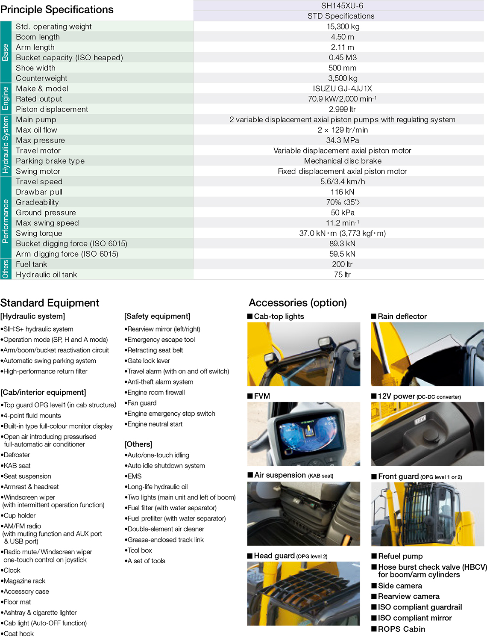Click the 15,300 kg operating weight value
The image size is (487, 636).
[343, 27]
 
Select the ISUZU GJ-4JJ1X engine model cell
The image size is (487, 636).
[342, 89]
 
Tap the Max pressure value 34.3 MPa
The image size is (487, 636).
[342, 140]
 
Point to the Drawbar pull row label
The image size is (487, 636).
[39, 192]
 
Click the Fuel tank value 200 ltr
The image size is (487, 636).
[342, 264]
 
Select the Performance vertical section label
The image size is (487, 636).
[6, 221]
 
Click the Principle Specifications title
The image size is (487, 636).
[57, 9]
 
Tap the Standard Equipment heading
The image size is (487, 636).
[50, 303]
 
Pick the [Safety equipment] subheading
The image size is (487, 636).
[157, 316]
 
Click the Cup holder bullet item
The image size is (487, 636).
[20, 515]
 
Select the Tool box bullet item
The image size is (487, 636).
[140, 550]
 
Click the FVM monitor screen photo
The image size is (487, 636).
[304, 434]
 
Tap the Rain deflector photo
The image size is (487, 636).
[427, 354]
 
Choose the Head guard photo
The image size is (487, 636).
[304, 593]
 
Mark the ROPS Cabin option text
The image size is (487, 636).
[401, 629]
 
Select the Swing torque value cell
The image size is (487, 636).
[342, 233]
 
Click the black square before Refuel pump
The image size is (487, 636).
[374, 556]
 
